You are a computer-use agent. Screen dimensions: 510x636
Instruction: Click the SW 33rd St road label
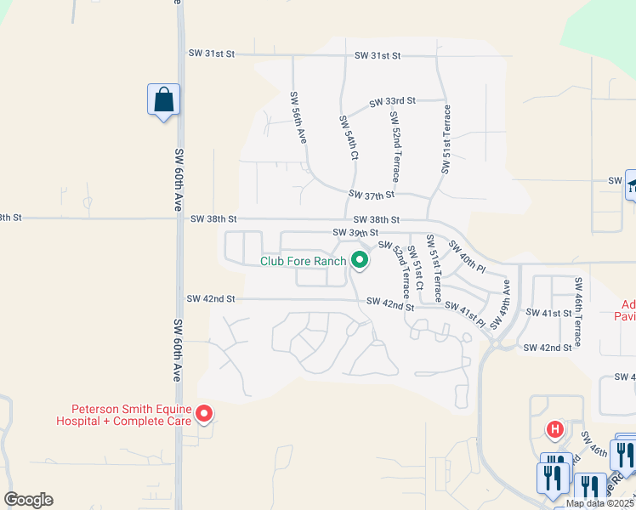click(392, 101)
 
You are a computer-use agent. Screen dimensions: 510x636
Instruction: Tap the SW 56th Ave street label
click(298, 117)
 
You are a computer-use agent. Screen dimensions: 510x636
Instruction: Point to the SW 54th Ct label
click(348, 138)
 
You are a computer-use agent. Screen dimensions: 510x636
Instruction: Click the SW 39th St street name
click(355, 233)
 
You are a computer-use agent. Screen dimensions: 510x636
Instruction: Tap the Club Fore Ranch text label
click(303, 261)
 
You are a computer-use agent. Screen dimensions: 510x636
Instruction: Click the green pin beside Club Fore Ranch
click(360, 260)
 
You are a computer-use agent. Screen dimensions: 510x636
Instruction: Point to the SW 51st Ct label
click(416, 273)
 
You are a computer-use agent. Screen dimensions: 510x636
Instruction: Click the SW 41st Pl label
click(464, 315)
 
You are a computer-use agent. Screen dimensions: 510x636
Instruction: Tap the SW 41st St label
click(548, 314)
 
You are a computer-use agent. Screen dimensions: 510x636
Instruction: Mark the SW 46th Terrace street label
click(578, 311)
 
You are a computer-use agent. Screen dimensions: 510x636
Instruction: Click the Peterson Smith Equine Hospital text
click(123, 414)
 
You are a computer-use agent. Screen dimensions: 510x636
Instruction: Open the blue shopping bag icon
click(162, 101)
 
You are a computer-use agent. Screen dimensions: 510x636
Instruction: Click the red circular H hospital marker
click(555, 428)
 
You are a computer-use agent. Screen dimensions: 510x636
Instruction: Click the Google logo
click(28, 500)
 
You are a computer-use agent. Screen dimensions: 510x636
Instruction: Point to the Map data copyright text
click(600, 503)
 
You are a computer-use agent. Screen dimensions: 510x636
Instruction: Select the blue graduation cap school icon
click(632, 185)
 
